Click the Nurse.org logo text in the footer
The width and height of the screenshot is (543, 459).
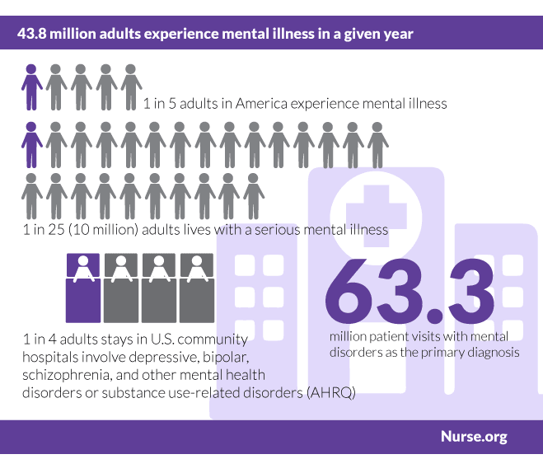pos(473,436)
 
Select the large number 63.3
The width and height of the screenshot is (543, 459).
pos(410,291)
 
